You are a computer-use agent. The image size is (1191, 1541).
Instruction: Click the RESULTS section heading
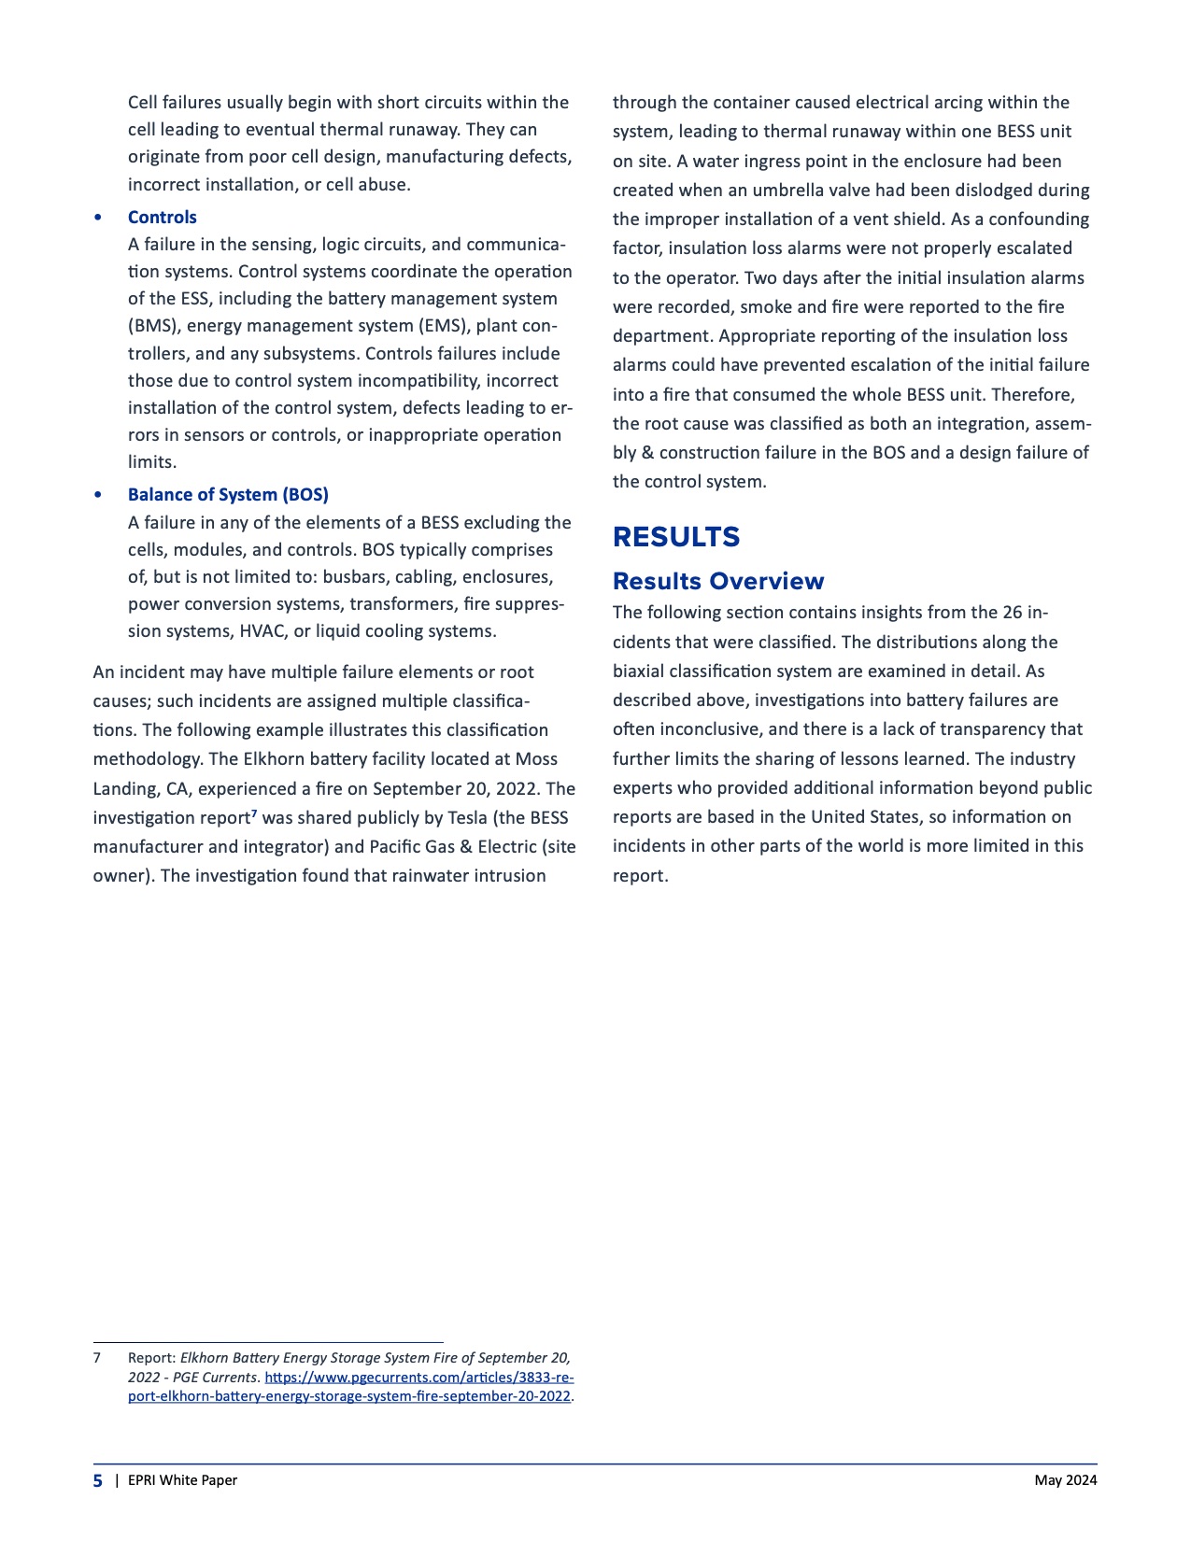point(675,537)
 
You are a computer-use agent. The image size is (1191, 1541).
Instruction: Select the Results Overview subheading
point(717,581)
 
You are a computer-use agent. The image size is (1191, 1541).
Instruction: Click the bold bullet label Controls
point(162,217)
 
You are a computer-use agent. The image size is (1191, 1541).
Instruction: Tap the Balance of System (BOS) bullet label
point(228,494)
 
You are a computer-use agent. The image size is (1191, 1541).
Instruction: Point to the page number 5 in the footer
point(97,1480)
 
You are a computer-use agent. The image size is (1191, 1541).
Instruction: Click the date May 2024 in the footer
point(1065,1480)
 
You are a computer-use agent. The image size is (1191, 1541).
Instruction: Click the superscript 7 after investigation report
point(254,813)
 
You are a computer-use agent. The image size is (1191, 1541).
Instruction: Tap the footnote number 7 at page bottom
point(96,1358)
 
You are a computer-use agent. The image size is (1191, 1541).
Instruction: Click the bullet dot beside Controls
point(99,218)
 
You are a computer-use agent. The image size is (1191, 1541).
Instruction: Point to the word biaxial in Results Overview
point(638,672)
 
